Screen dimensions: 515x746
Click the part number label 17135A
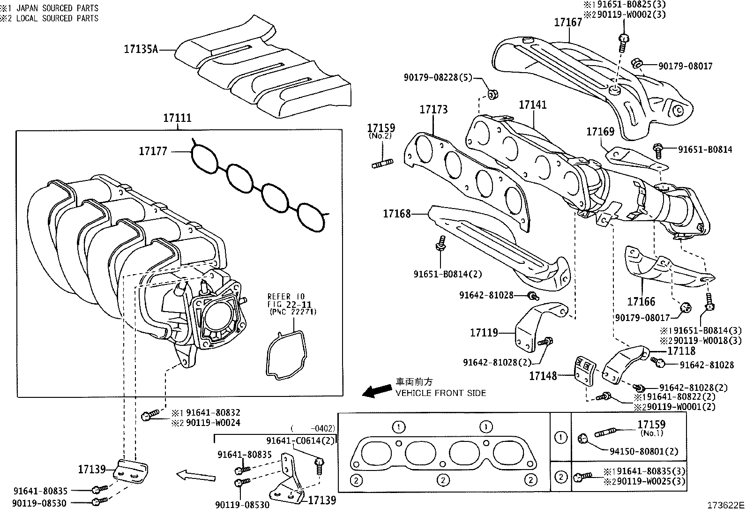click(x=141, y=49)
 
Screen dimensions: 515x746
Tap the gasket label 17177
click(x=153, y=151)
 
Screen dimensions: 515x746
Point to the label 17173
click(x=433, y=110)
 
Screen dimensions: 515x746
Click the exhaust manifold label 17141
click(x=533, y=105)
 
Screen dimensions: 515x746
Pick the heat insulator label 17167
click(x=568, y=22)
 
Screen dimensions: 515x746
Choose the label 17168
click(x=396, y=214)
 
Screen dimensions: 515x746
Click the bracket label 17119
click(x=484, y=333)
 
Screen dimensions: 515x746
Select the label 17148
click(x=543, y=375)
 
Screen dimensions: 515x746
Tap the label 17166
click(x=642, y=301)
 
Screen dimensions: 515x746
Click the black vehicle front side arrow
click(x=378, y=390)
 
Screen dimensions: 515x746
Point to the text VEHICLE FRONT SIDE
click(x=440, y=393)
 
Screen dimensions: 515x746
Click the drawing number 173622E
click(x=725, y=506)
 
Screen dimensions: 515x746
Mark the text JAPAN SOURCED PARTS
click(x=57, y=8)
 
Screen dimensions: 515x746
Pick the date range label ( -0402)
click(x=313, y=428)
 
